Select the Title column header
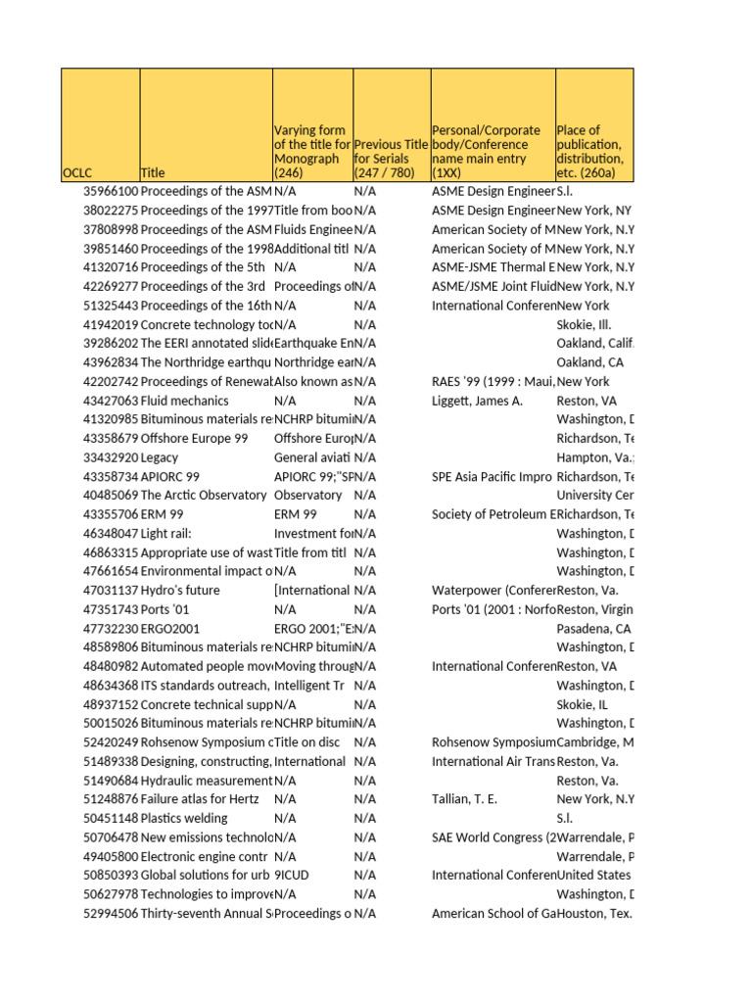click(154, 172)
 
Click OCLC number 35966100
click(111, 192)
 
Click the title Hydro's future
click(181, 591)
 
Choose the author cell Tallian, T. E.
click(464, 799)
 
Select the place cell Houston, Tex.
click(593, 914)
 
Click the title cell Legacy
click(160, 457)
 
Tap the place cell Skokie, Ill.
click(585, 325)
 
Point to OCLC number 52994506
click(111, 914)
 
